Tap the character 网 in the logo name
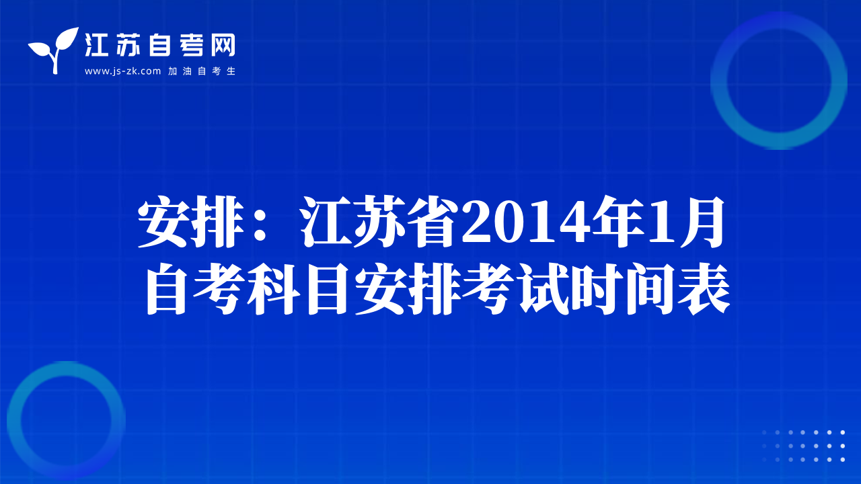pos(223,45)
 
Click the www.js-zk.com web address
pos(122,71)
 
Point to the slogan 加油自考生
pos(202,71)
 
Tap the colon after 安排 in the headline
pos(260,223)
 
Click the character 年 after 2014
pos(618,221)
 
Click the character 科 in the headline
pos(273,289)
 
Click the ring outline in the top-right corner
pos(719,81)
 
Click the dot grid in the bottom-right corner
pos(803,446)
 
